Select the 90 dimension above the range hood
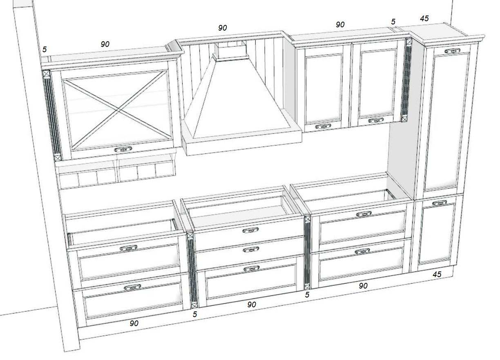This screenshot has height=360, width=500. coord(223,28)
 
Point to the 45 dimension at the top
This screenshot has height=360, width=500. coord(424,18)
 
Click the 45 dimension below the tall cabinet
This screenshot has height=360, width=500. coord(437,274)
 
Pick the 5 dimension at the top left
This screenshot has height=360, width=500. coord(45,49)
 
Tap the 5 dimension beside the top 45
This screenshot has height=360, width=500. coord(393,22)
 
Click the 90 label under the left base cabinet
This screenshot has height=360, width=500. coord(134,323)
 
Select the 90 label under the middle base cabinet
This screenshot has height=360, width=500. coord(252,304)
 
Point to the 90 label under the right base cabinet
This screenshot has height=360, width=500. coord(363,286)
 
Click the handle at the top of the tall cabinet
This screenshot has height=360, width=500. coord(452,51)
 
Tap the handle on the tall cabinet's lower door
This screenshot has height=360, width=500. coord(440,203)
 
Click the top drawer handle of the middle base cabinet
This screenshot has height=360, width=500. coord(251,230)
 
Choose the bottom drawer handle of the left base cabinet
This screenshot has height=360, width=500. coord(132,287)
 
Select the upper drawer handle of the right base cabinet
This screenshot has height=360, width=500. coord(364,214)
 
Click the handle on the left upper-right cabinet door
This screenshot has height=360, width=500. coord(323,127)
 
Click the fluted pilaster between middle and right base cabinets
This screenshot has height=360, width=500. coord(307,253)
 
